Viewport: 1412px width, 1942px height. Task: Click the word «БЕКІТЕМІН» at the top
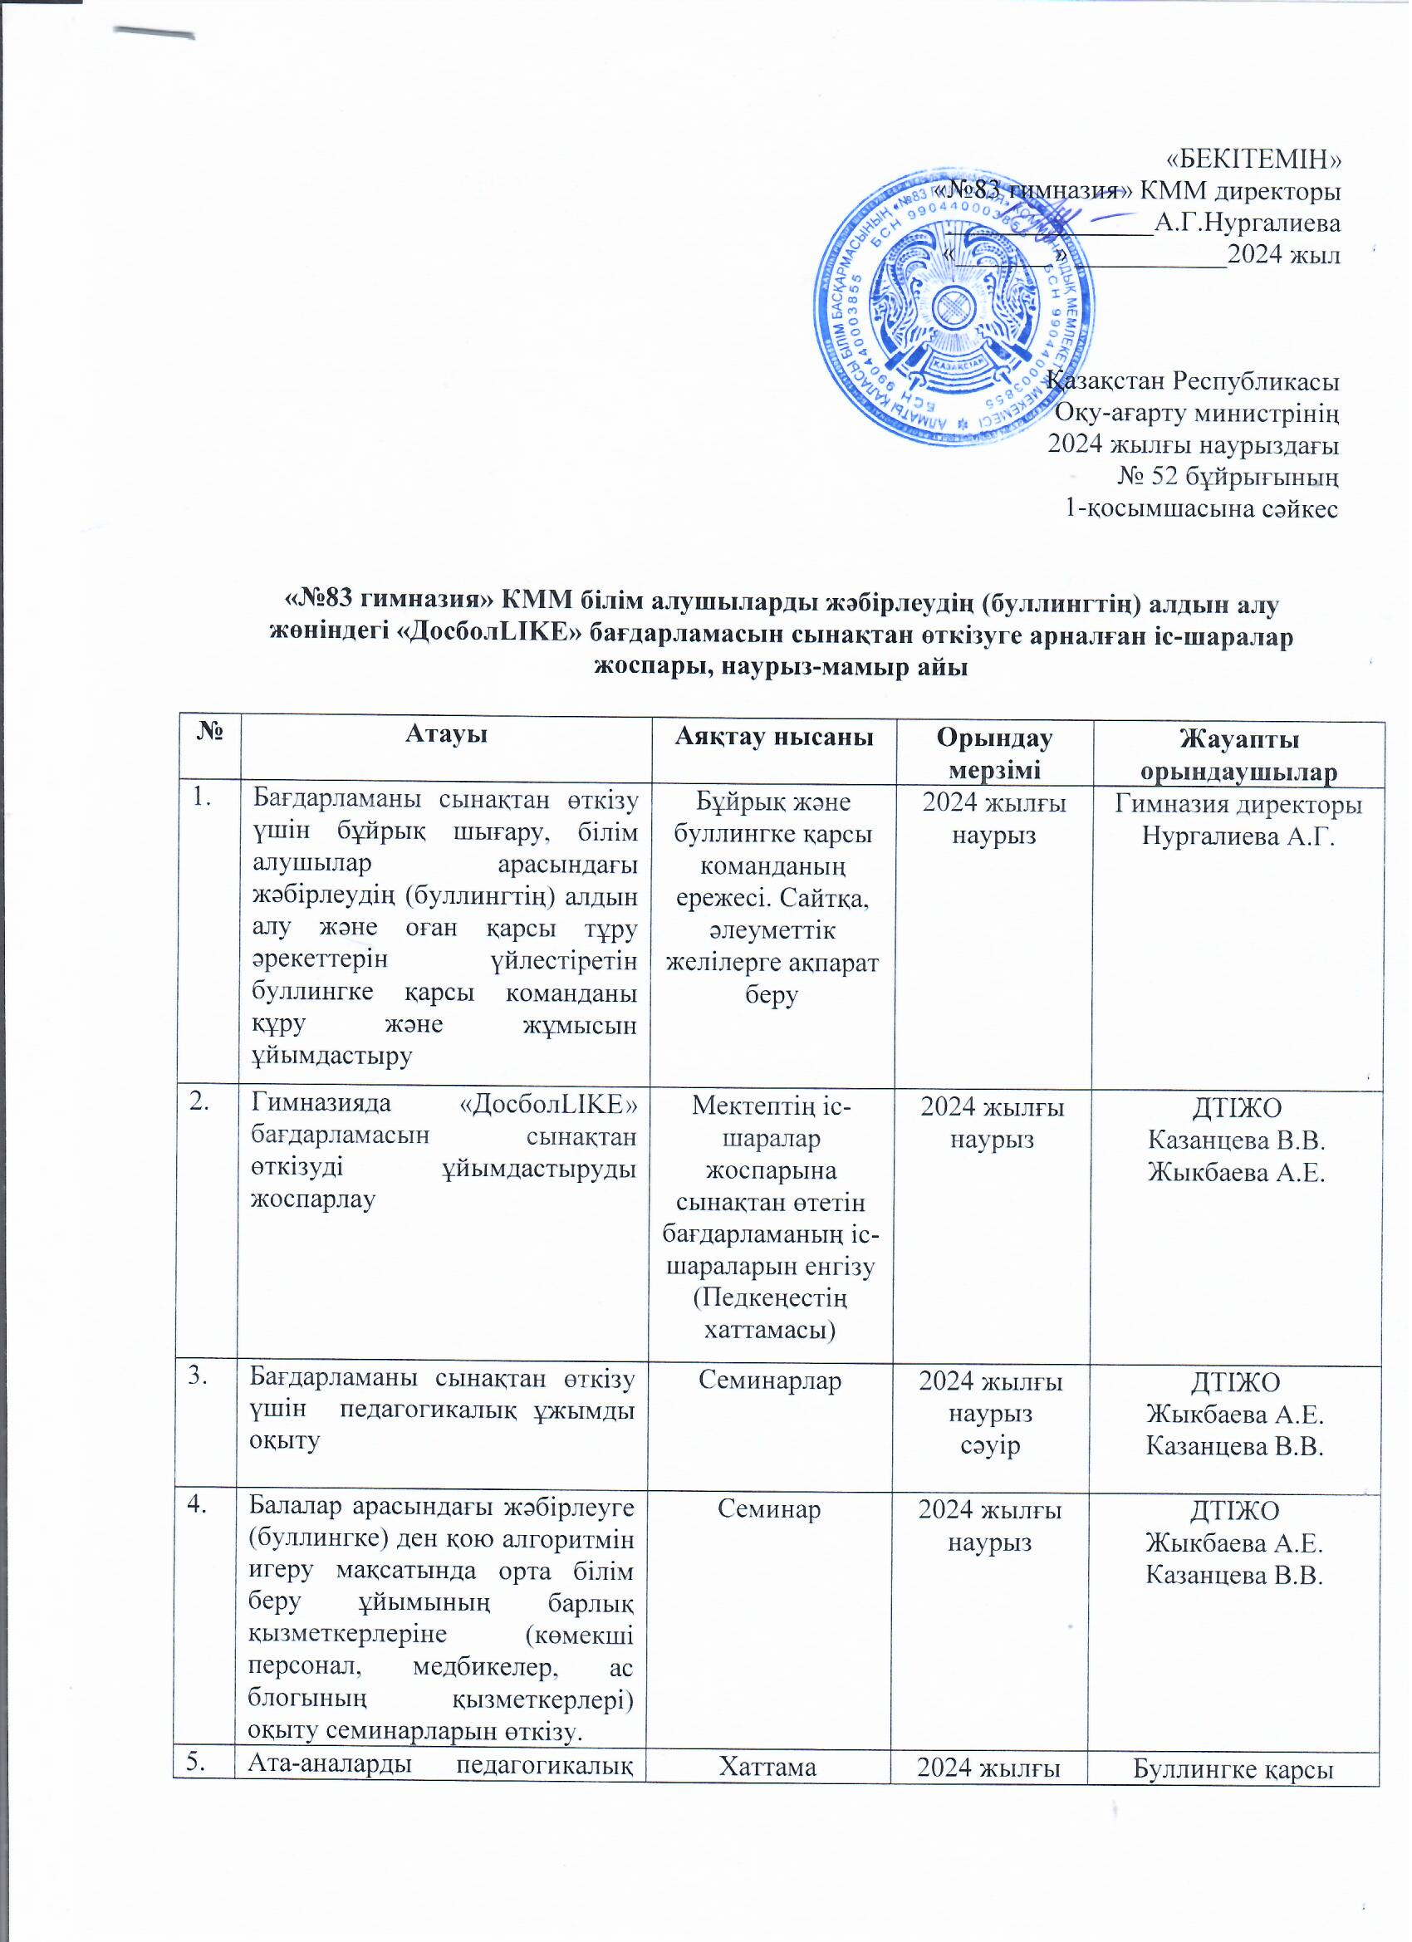pyautogui.click(x=1254, y=159)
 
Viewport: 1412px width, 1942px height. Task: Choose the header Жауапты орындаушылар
pyautogui.click(x=1239, y=754)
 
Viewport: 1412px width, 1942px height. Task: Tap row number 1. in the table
pyautogui.click(x=202, y=798)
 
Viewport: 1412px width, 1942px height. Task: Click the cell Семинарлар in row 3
pyautogui.click(x=770, y=1380)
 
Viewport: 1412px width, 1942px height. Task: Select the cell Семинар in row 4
pyautogui.click(x=771, y=1508)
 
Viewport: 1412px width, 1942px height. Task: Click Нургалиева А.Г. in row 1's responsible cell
pyautogui.click(x=1238, y=836)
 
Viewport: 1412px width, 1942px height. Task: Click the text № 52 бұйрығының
pyautogui.click(x=1228, y=476)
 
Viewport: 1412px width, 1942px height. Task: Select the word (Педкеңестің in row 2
pyautogui.click(x=770, y=1298)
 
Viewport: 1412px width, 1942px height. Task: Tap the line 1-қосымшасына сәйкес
pyautogui.click(x=1200, y=508)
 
